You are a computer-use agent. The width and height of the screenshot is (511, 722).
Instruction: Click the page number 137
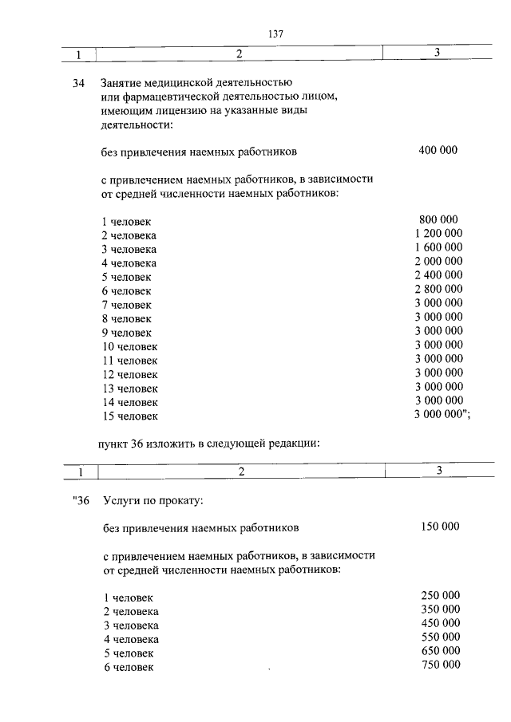click(276, 34)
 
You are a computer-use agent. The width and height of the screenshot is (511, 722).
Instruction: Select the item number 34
click(78, 83)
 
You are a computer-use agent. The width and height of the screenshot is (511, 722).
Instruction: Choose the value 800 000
click(438, 220)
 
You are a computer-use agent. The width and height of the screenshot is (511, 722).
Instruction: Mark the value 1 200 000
click(438, 234)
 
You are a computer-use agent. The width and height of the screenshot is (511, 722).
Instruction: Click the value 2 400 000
click(438, 275)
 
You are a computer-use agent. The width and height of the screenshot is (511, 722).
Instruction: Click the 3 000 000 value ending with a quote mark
click(442, 415)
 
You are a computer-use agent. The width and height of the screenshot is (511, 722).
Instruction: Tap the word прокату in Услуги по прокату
click(180, 500)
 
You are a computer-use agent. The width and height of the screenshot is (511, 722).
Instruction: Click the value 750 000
click(440, 665)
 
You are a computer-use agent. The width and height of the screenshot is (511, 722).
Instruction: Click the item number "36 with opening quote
click(79, 500)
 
